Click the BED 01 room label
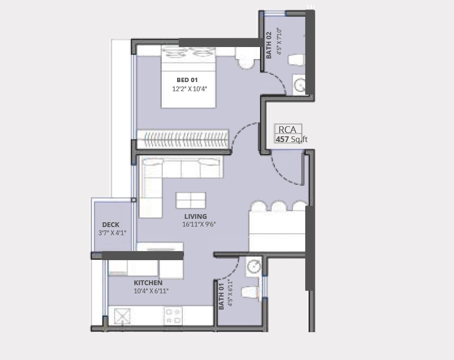click(x=187, y=80)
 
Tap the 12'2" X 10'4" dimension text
click(x=190, y=89)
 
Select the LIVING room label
click(x=195, y=216)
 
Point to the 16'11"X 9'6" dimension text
click(x=199, y=225)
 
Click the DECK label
click(x=110, y=225)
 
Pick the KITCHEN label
click(x=148, y=283)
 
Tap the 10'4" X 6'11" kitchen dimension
click(x=151, y=291)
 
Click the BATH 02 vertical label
click(x=269, y=45)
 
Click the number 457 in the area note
click(x=283, y=140)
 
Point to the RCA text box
click(x=288, y=129)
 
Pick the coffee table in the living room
click(x=191, y=200)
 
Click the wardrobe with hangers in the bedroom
click(x=182, y=139)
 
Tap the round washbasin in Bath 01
click(x=254, y=265)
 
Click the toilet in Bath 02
click(x=296, y=60)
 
